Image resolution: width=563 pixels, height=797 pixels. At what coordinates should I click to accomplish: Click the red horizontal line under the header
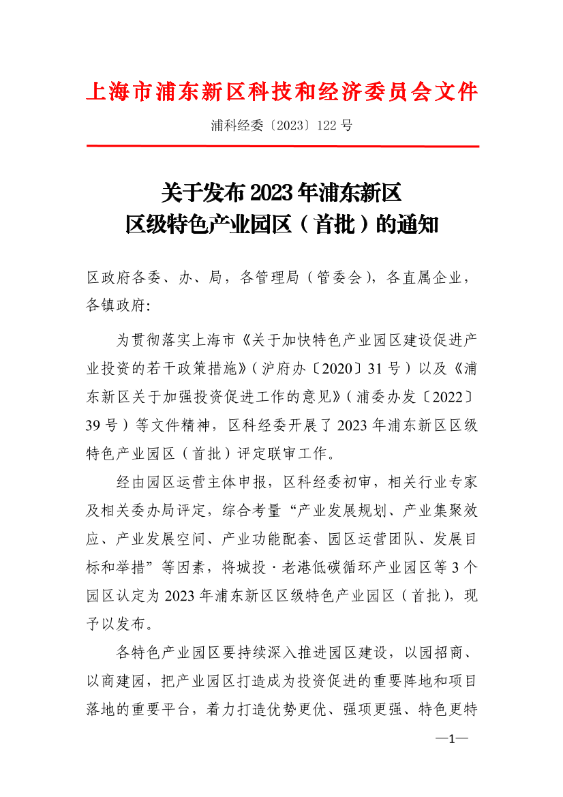point(282,146)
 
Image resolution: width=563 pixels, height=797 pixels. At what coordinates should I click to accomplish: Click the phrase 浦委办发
point(378,397)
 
